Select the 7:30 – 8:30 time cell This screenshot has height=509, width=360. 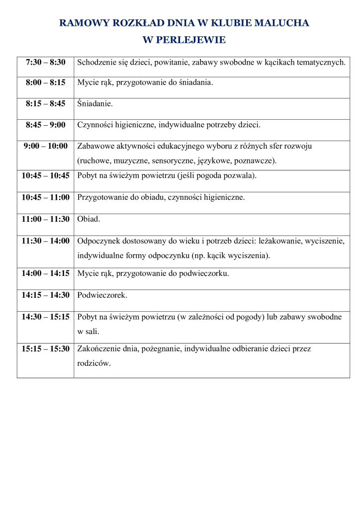point(46,62)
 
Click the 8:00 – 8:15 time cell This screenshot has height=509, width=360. point(46,83)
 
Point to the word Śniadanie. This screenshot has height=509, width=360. point(95,104)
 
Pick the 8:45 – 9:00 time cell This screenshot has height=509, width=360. point(46,125)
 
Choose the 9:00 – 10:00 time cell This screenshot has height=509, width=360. point(46,146)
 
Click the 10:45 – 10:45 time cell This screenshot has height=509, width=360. point(46,175)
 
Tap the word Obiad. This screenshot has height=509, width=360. point(89,218)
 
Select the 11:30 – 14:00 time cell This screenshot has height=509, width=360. point(46,241)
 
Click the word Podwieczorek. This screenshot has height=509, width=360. point(102,295)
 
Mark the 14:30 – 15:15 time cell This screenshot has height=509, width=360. point(46,317)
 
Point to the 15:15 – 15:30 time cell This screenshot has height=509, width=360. point(46,348)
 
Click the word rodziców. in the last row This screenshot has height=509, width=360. point(94,363)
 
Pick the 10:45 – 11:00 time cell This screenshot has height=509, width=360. point(46,197)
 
